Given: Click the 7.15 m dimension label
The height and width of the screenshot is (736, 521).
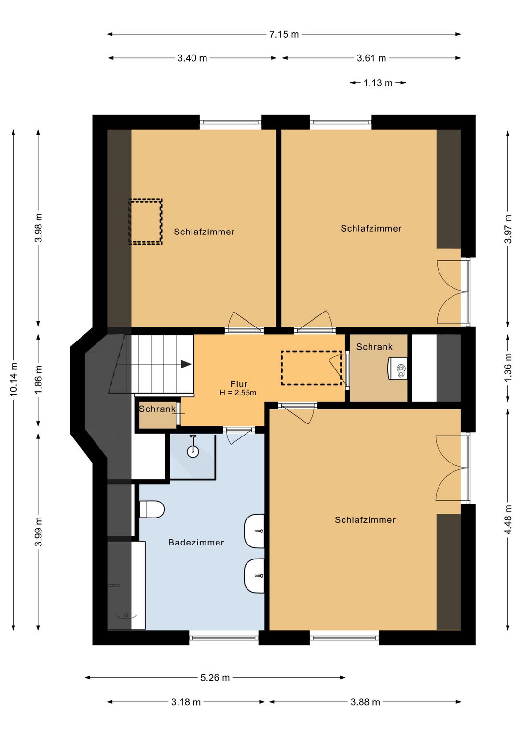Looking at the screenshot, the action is pos(284,34).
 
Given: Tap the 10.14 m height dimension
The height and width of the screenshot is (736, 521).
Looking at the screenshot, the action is pos(14,379).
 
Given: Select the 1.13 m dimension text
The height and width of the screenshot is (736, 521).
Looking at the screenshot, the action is pos(378,83).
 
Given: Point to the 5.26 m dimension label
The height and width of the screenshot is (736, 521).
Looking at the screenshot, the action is pos(215,678).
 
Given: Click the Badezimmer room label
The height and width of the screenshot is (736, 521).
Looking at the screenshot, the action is pos(196,542).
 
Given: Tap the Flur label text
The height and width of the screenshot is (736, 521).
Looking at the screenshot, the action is pos(239,384).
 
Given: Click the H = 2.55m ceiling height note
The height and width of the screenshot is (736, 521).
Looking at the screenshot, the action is pos(238,392).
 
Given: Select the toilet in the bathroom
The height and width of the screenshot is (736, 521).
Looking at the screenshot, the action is pos(151,509).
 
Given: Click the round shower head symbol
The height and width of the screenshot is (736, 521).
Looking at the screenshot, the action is pos(193,451).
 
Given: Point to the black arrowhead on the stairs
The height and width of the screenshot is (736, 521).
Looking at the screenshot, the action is pos(186,364).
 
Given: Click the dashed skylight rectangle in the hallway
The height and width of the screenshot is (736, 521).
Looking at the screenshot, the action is pos(311,368).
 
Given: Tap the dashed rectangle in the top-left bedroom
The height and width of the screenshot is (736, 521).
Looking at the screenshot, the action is pos(145,221).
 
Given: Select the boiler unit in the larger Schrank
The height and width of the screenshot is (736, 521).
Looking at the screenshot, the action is pos(398,368).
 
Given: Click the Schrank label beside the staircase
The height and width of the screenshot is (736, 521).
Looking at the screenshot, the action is pos(157,409).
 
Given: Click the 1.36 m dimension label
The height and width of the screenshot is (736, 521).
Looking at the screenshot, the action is pos(508,368).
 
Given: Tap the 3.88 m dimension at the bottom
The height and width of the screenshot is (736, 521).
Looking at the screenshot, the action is pos(365,703).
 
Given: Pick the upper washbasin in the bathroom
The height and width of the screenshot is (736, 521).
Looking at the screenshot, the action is pos(254,531).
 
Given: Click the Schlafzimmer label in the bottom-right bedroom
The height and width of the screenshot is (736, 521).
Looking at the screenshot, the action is pos(365,520).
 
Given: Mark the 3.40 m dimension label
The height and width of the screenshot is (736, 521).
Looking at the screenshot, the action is pos(192,58).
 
